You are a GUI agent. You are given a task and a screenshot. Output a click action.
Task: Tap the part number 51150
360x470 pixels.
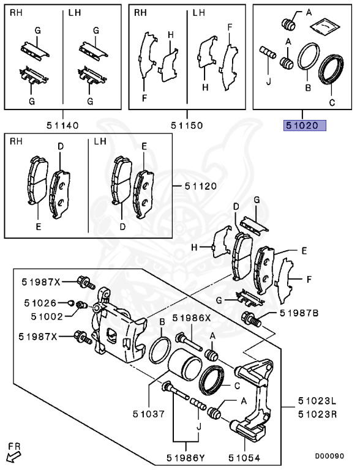(x=187, y=125)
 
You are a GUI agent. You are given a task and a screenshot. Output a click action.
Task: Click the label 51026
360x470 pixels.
(x=40, y=302)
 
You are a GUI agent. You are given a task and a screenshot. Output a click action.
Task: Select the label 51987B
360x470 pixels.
(x=299, y=313)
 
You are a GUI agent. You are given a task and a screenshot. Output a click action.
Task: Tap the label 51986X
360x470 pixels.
(x=191, y=318)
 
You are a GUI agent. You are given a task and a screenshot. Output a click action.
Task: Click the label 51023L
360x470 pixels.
(x=317, y=402)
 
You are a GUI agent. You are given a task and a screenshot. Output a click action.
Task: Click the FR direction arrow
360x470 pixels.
(x=12, y=454)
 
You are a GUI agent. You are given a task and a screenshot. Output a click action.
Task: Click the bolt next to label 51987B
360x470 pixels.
(x=251, y=318)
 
